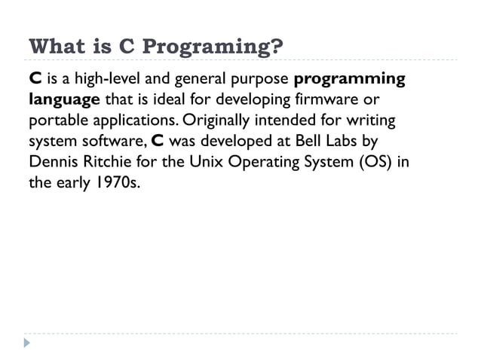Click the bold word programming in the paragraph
pos(348,80)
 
